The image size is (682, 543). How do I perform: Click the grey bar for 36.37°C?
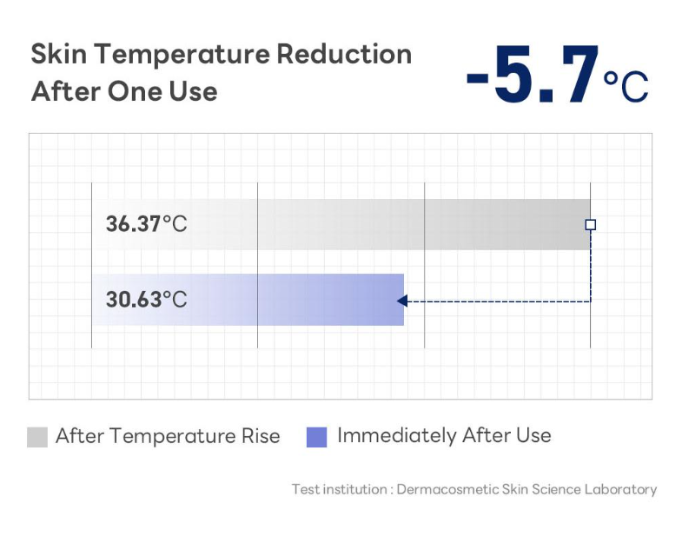[341, 224]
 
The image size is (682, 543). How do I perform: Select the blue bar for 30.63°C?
[248, 300]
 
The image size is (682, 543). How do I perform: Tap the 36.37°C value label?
[147, 224]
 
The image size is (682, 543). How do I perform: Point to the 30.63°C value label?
[147, 300]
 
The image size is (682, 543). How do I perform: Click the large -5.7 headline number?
[533, 75]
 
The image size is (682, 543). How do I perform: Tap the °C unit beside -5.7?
[626, 86]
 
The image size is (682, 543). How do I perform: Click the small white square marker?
[590, 224]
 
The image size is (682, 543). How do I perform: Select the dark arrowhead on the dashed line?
[402, 301]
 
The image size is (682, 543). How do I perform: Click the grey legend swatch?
[37, 437]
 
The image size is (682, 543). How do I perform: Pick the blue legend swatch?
[316, 437]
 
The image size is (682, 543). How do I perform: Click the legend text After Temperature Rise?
[168, 436]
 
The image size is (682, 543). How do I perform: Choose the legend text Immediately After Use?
[444, 435]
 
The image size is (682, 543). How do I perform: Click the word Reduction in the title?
[344, 54]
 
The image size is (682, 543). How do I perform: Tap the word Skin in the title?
[59, 54]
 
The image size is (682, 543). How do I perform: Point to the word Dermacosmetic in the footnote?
[447, 489]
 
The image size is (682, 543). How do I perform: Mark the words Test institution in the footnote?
[339, 489]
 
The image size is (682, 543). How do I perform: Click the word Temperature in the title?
[182, 56]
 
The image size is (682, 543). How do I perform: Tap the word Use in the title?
[193, 91]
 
